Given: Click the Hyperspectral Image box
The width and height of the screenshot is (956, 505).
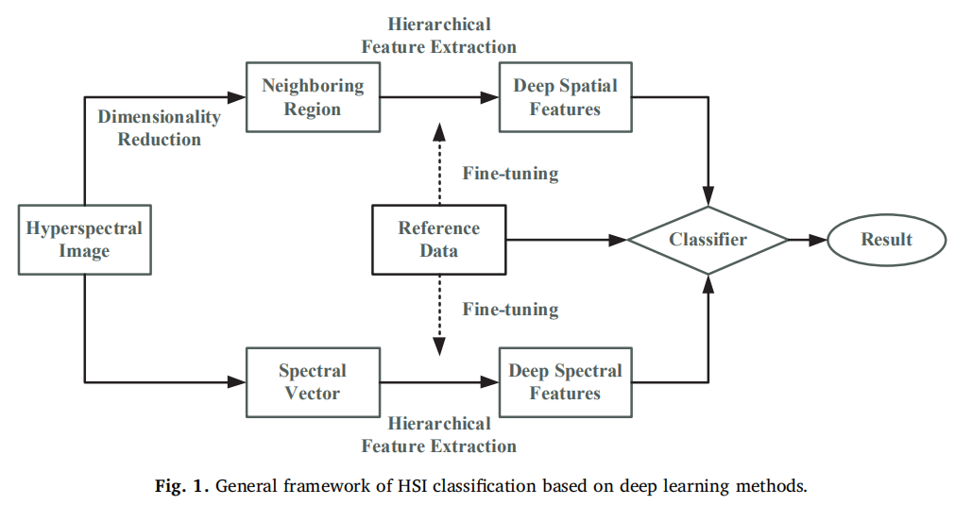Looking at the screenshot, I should [85, 240].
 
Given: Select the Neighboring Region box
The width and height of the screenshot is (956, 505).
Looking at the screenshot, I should [313, 97].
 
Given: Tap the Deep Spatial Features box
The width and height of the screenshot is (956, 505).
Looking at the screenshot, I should [565, 97].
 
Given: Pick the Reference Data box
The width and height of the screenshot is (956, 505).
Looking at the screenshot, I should [438, 240].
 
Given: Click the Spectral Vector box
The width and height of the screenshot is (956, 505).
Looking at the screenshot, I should [313, 381].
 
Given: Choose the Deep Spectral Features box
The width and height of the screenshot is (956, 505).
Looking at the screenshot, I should [565, 381].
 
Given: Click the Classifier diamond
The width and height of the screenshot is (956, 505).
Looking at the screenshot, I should [708, 240].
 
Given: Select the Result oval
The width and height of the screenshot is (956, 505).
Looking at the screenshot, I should [886, 240].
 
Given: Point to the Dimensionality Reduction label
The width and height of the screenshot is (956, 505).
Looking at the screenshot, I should [159, 128].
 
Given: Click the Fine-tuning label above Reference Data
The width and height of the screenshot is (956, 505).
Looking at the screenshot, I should [510, 174].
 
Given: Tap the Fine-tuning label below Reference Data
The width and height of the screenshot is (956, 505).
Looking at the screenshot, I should [510, 310].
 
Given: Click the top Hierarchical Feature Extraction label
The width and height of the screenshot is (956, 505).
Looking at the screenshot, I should [439, 35].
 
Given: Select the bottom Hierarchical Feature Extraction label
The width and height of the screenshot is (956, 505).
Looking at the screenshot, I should [439, 434].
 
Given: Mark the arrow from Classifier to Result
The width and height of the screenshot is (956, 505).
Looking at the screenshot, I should [808, 240].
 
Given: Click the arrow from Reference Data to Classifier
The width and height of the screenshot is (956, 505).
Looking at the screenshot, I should [567, 240].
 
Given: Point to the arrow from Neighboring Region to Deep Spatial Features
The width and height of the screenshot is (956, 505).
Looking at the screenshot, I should [439, 97].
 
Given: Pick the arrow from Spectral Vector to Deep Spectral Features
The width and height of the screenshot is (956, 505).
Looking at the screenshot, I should [439, 381].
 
